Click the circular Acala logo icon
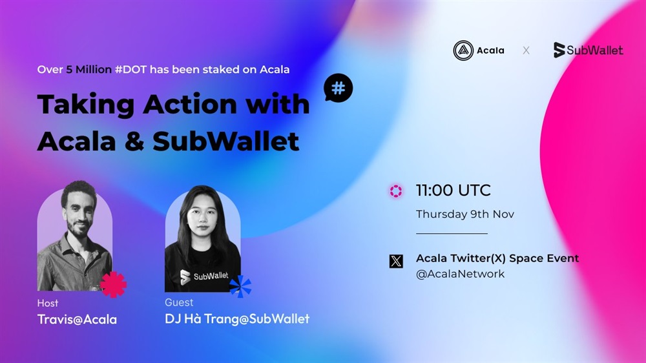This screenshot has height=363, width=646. pos(463,50)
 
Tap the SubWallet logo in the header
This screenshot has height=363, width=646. pos(588,50)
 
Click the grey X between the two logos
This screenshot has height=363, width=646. pos(526,50)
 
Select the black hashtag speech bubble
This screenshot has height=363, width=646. pos(338,88)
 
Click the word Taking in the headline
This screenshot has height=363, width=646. pos(86,105)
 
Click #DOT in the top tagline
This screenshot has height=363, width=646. pos(130,70)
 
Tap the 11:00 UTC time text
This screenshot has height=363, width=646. pos(453,191)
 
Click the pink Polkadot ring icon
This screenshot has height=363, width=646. pos(396,191)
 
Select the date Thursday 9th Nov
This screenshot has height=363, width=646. pos(464,214)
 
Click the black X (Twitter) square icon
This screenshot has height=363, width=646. pos(397,261)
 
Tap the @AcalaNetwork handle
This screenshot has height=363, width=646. pos(460,274)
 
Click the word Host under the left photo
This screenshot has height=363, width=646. pos(48,304)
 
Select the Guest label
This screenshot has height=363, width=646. pos(179,302)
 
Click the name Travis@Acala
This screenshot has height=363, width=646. pos(77,319)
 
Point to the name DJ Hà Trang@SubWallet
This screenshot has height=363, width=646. pos(237,318)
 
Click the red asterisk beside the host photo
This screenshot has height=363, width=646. pos(113,285)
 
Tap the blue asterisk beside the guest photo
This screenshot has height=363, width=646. pos(240,287)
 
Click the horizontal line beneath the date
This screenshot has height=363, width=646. pos(452,234)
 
